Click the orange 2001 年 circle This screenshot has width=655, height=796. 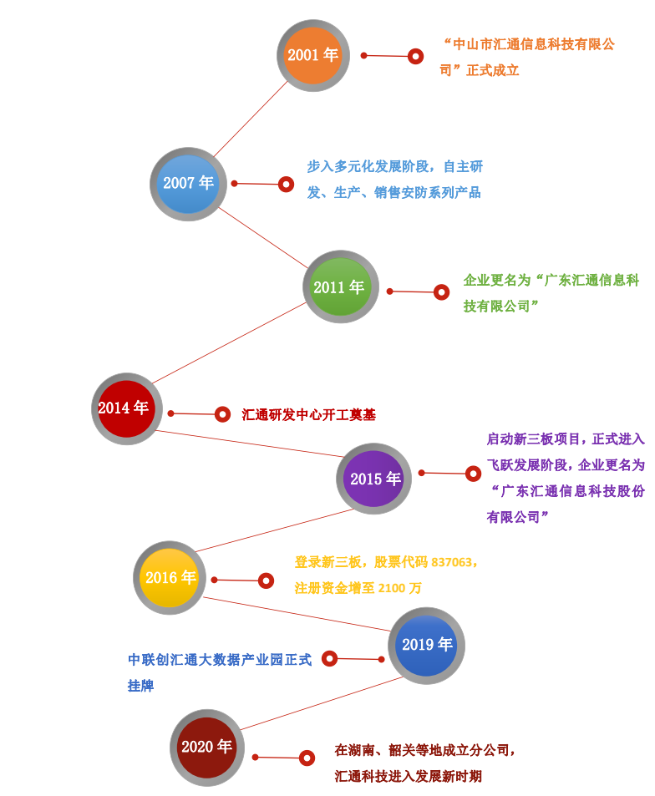click(313, 55)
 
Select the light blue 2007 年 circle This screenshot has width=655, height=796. click(188, 184)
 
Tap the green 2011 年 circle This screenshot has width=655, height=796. click(340, 287)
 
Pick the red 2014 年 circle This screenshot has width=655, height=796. click(126, 408)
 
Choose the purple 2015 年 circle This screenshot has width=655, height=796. click(373, 479)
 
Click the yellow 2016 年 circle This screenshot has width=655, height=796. click(170, 577)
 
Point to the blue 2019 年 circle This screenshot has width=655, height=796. click(426, 645)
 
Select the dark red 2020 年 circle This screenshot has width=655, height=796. click(206, 747)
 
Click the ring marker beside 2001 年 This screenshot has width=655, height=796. click(415, 56)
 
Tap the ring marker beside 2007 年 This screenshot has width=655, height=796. click(286, 184)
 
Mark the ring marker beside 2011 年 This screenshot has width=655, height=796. click(441, 292)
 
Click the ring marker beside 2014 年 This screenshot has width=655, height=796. click(222, 413)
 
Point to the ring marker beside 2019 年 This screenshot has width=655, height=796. click(330, 658)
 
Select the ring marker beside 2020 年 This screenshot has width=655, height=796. click(307, 758)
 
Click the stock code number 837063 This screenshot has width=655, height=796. click(452, 562)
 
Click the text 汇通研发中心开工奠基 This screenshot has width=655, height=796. click(308, 414)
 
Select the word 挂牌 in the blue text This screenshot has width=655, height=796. click(140, 686)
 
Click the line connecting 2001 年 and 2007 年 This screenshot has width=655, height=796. click(250, 119)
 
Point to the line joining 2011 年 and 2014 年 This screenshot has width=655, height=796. click(230, 343)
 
